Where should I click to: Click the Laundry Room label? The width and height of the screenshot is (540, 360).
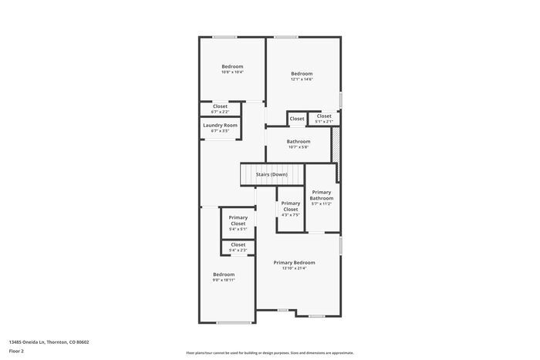(220, 125)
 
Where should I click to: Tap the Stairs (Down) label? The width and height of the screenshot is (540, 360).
(272, 174)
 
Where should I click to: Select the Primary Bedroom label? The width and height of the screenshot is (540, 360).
(294, 262)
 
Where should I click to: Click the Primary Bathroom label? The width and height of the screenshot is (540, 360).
(322, 195)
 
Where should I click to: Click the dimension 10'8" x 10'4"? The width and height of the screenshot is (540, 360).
(232, 72)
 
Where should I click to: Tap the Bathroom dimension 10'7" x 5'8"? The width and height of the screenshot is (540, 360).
(299, 147)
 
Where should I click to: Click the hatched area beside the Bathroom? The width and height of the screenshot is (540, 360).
(336, 144)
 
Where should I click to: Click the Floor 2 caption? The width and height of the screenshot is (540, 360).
(16, 351)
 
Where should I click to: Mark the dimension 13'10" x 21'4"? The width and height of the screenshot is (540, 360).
(294, 268)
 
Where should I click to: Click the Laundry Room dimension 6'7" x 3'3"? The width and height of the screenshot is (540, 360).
(220, 131)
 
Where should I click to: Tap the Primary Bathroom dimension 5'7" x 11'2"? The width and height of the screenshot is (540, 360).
(322, 204)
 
